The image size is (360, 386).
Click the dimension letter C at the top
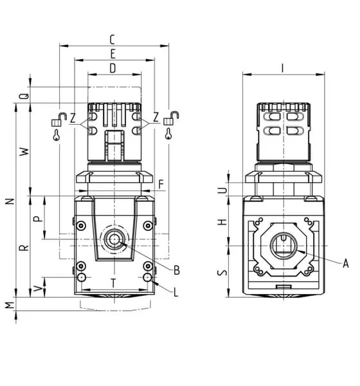(112, 40)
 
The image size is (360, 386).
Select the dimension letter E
(113, 54)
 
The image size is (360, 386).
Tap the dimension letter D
(113, 68)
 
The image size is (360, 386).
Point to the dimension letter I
(283, 68)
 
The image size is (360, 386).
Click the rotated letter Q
(24, 96)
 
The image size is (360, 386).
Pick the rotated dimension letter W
(24, 151)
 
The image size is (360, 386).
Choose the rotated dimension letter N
(10, 201)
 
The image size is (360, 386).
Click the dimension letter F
(161, 185)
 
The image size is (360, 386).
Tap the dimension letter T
(113, 283)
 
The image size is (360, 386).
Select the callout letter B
(177, 270)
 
